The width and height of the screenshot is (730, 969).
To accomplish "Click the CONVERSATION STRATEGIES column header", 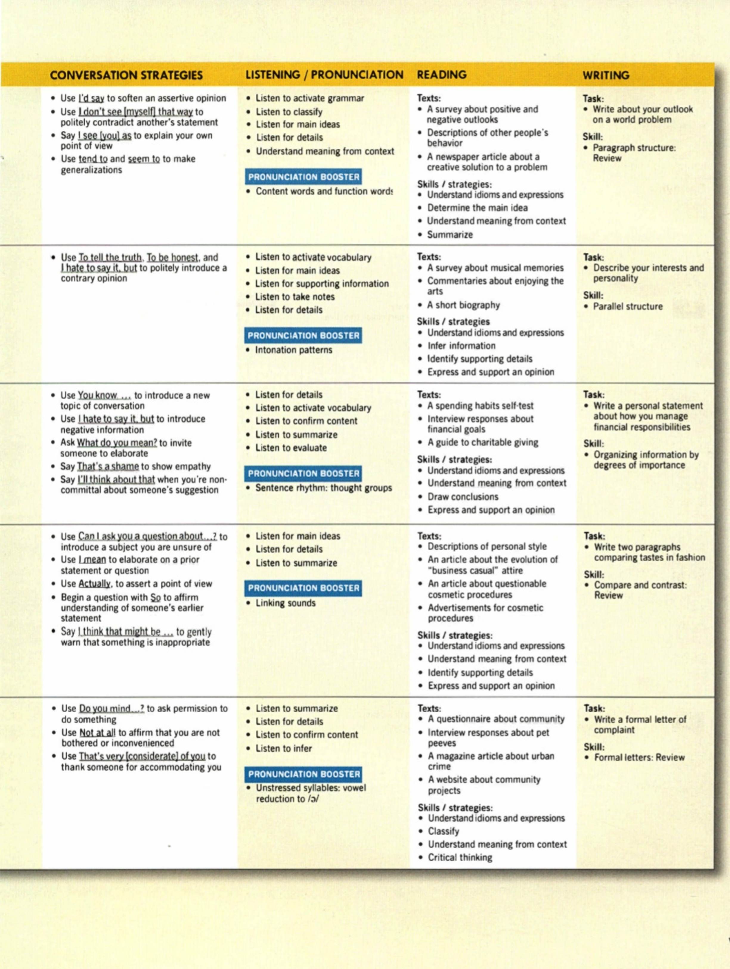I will [x=126, y=75].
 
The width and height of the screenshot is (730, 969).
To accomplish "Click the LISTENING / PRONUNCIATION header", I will [x=324, y=75].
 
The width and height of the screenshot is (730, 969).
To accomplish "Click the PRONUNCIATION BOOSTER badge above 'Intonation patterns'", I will [x=303, y=336].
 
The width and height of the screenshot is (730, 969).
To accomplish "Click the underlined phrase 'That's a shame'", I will [x=108, y=466].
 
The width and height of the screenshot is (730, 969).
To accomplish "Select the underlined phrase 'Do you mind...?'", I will [x=111, y=709].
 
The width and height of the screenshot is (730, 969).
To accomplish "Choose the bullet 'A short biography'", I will [x=464, y=305].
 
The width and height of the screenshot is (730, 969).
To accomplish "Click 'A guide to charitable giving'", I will [x=483, y=443].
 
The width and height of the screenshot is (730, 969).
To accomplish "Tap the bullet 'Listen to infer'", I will [x=284, y=748].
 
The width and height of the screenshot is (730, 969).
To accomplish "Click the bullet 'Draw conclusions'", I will [x=463, y=497].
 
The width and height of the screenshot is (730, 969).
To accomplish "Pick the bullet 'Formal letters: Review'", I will [x=639, y=757].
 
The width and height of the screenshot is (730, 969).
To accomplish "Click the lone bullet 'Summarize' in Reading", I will [x=450, y=235].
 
